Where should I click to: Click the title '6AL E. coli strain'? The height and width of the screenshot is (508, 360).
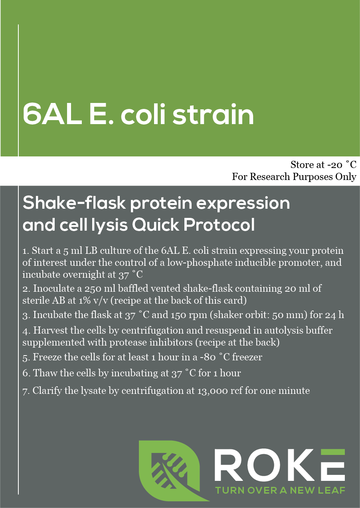pos(138,115)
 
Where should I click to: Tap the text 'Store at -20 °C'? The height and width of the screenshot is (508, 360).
pos(323,165)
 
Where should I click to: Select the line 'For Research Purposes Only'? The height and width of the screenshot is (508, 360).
pos(294,177)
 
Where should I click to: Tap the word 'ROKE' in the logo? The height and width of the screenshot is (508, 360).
pos(279,465)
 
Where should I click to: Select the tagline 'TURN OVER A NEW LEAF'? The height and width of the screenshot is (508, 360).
pos(280,490)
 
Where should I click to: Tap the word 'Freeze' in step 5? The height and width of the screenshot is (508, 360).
pos(46,357)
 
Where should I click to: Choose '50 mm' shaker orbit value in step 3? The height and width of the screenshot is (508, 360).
pos(297,315)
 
